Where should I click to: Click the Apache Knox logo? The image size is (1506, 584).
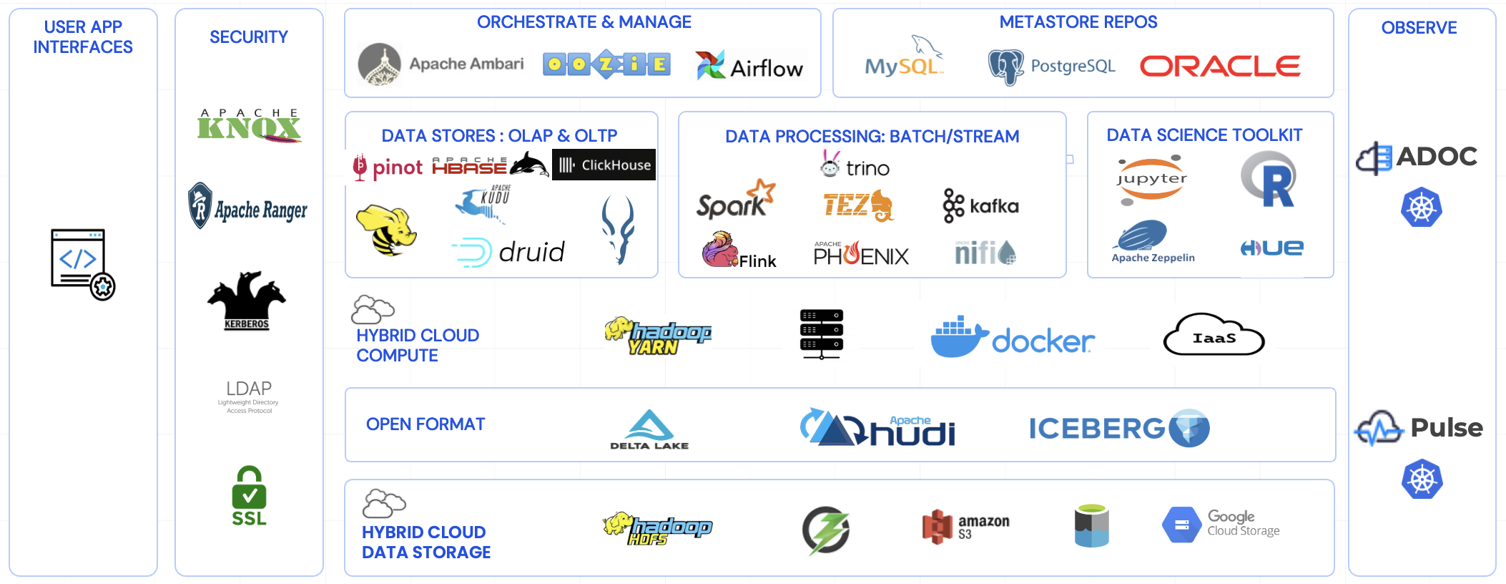(x=249, y=126)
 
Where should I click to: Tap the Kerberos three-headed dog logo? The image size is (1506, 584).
(x=247, y=300)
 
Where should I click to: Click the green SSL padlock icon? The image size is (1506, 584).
(x=249, y=496)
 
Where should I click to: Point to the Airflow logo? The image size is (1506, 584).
(x=749, y=67)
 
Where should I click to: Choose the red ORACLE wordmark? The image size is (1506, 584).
(x=1219, y=67)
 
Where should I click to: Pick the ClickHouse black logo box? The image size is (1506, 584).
(x=604, y=165)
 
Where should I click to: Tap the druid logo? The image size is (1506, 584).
(x=508, y=252)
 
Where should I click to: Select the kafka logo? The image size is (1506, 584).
(x=980, y=206)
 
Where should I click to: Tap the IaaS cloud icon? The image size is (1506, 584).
(x=1214, y=336)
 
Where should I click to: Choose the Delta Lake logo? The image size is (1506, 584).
(x=649, y=429)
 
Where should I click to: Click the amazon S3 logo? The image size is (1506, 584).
(x=965, y=527)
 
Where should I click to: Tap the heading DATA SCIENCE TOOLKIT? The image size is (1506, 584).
(x=1204, y=135)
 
